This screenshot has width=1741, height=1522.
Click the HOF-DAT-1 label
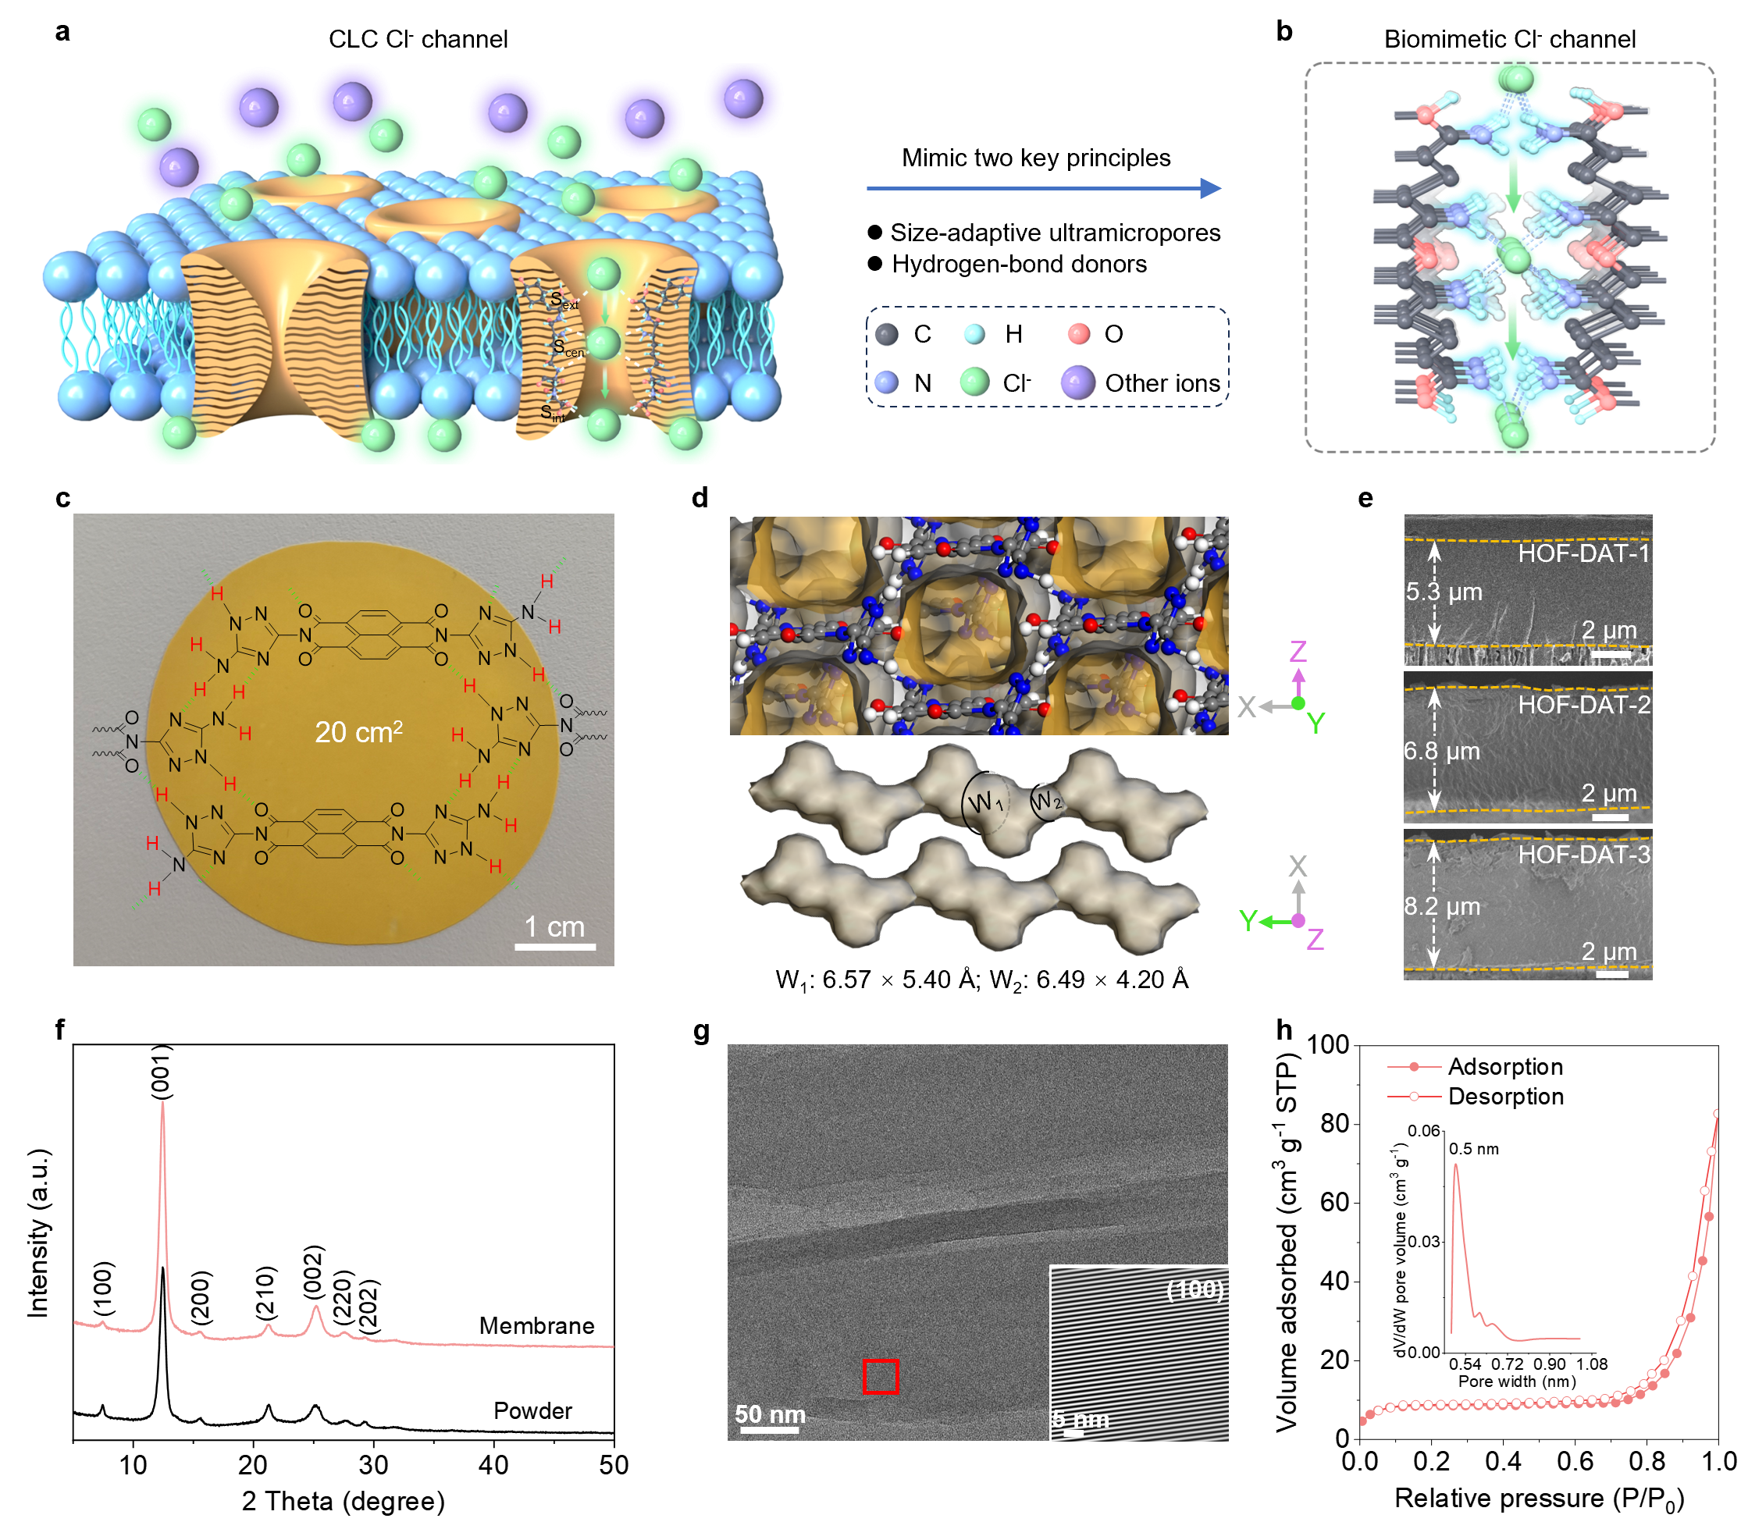coord(1583,553)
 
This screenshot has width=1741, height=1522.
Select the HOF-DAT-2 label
coord(1583,704)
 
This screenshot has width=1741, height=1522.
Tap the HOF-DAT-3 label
coord(1583,855)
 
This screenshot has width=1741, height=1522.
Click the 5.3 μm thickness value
coord(1444,592)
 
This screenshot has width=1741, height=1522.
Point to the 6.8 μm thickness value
coord(1442,751)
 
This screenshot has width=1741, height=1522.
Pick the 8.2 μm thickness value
coord(1442,906)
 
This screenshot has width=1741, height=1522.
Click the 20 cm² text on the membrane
coord(358,731)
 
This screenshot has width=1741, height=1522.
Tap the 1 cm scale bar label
coord(554,926)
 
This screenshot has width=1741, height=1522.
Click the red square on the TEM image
coord(881,1376)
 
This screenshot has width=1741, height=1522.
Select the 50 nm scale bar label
coord(770,1414)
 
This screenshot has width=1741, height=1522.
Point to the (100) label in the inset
coord(1194,1289)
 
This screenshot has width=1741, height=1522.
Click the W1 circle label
coord(985,802)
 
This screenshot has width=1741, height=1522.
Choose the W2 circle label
coord(1046,801)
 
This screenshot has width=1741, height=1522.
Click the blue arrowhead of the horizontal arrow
coord(1211,189)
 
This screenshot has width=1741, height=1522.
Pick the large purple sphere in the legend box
coord(1077,382)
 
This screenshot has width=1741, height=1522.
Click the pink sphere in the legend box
coord(1078,334)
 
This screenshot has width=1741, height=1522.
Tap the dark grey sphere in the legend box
coord(886,334)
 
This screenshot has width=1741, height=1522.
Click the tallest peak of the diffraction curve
coord(162,1104)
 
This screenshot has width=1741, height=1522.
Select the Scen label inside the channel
coord(568,347)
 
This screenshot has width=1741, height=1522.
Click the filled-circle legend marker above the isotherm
coord(1414,1066)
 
